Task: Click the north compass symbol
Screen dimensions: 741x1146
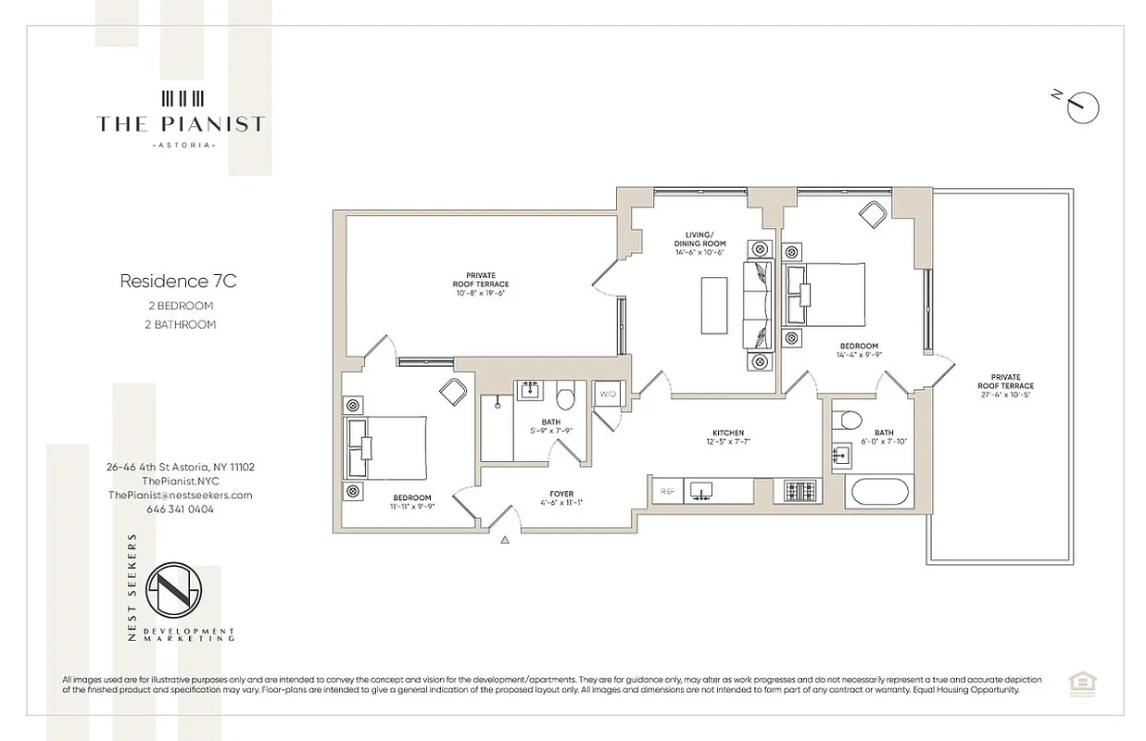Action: pos(1081,107)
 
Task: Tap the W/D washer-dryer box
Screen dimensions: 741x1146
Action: pos(608,394)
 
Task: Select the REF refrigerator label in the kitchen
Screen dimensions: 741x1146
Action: pos(665,491)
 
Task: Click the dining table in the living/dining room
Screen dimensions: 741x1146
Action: pos(714,304)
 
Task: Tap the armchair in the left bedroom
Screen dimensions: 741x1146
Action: pos(453,392)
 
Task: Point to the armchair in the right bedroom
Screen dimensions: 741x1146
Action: pos(873,214)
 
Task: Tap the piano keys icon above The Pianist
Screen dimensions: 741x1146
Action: pos(182,98)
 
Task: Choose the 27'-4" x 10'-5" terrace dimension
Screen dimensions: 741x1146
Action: pos(1005,396)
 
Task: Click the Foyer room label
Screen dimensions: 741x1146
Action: pos(561,494)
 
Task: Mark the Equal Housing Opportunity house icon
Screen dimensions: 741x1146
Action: pos(1078,683)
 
